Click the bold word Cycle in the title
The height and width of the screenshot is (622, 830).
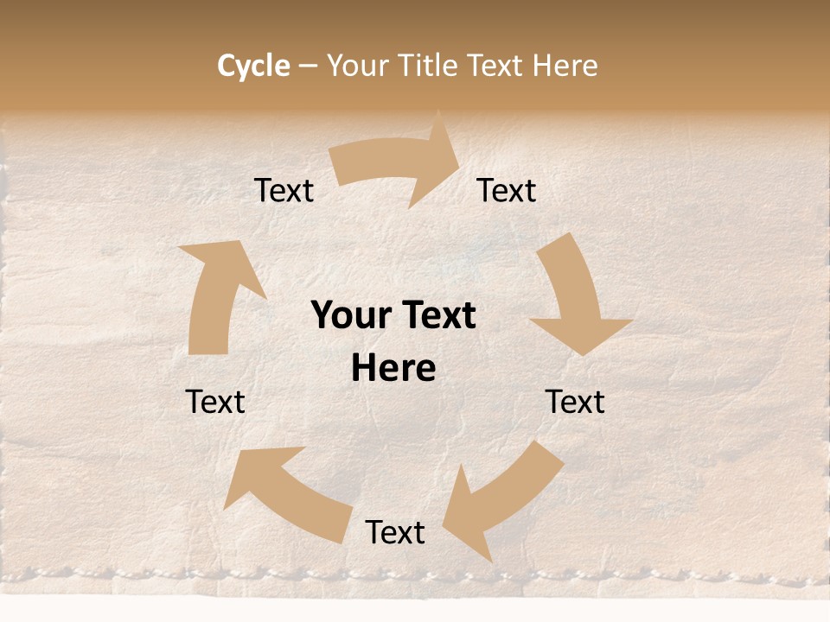point(253,66)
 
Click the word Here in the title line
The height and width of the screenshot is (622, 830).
point(565,66)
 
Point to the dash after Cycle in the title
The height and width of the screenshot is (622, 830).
point(308,67)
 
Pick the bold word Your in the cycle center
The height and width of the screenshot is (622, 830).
point(350,316)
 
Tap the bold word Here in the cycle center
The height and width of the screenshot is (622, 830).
point(393,368)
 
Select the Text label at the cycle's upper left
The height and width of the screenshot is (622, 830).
point(284,190)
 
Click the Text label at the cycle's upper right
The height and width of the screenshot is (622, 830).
point(507,190)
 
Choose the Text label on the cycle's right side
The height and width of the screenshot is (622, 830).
point(575,402)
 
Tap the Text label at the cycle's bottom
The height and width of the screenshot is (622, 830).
point(395,532)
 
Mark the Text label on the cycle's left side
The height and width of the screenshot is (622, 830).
point(215,402)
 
